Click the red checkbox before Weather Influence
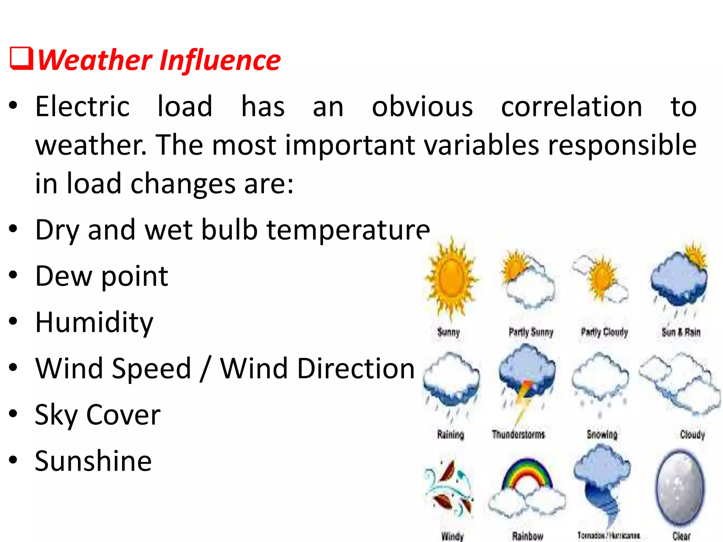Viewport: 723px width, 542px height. pyautogui.click(x=21, y=59)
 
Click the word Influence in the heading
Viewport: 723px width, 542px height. pyautogui.click(x=220, y=60)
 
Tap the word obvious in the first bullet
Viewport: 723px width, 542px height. pyautogui.click(x=422, y=107)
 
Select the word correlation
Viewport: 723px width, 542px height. pyautogui.click(x=572, y=107)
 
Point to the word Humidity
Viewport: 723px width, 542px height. pyautogui.click(x=94, y=323)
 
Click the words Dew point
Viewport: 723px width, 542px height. pyautogui.click(x=102, y=276)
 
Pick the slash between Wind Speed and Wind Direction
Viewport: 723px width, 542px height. pyautogui.click(x=205, y=368)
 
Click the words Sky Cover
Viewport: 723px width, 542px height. pyautogui.click(x=97, y=415)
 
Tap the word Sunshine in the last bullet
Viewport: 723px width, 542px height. pyautogui.click(x=93, y=461)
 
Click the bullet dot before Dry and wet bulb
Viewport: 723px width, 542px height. pyautogui.click(x=13, y=229)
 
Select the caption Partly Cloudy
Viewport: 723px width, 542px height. pyautogui.click(x=604, y=332)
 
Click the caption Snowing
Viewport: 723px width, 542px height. pyautogui.click(x=602, y=434)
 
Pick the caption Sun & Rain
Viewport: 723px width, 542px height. pyautogui.click(x=681, y=332)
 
